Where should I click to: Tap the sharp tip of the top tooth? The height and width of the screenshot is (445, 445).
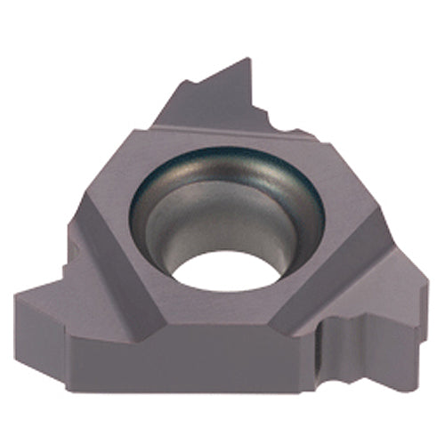247,60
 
